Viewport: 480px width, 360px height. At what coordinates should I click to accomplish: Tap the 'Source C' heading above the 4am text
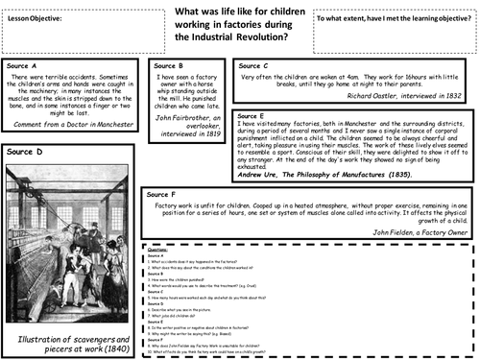[x=252, y=65]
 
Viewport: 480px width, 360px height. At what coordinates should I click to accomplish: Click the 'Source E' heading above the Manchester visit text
[x=252, y=114]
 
